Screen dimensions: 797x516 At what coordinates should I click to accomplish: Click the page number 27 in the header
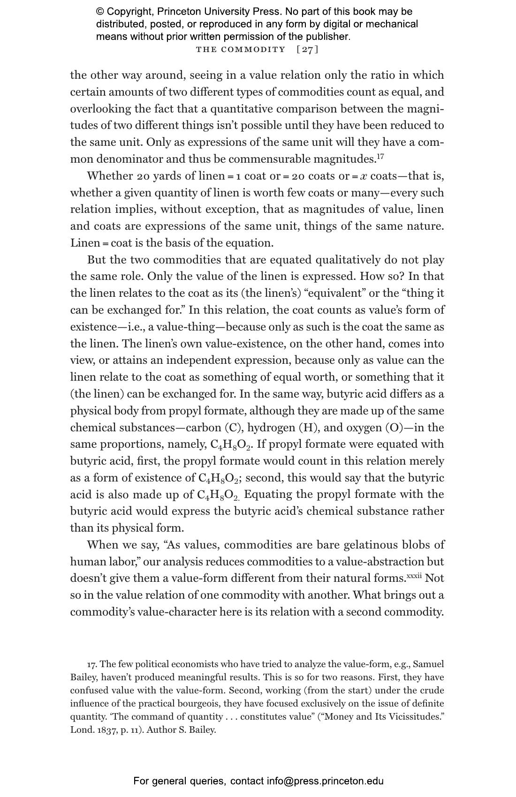308,49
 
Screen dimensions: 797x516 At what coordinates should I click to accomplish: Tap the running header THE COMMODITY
241,49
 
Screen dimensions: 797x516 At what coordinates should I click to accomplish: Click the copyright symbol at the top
100,12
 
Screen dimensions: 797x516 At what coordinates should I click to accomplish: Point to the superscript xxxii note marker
414,575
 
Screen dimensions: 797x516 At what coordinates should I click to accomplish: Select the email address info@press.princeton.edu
325,781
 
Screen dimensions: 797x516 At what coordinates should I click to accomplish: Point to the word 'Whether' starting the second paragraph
110,176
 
